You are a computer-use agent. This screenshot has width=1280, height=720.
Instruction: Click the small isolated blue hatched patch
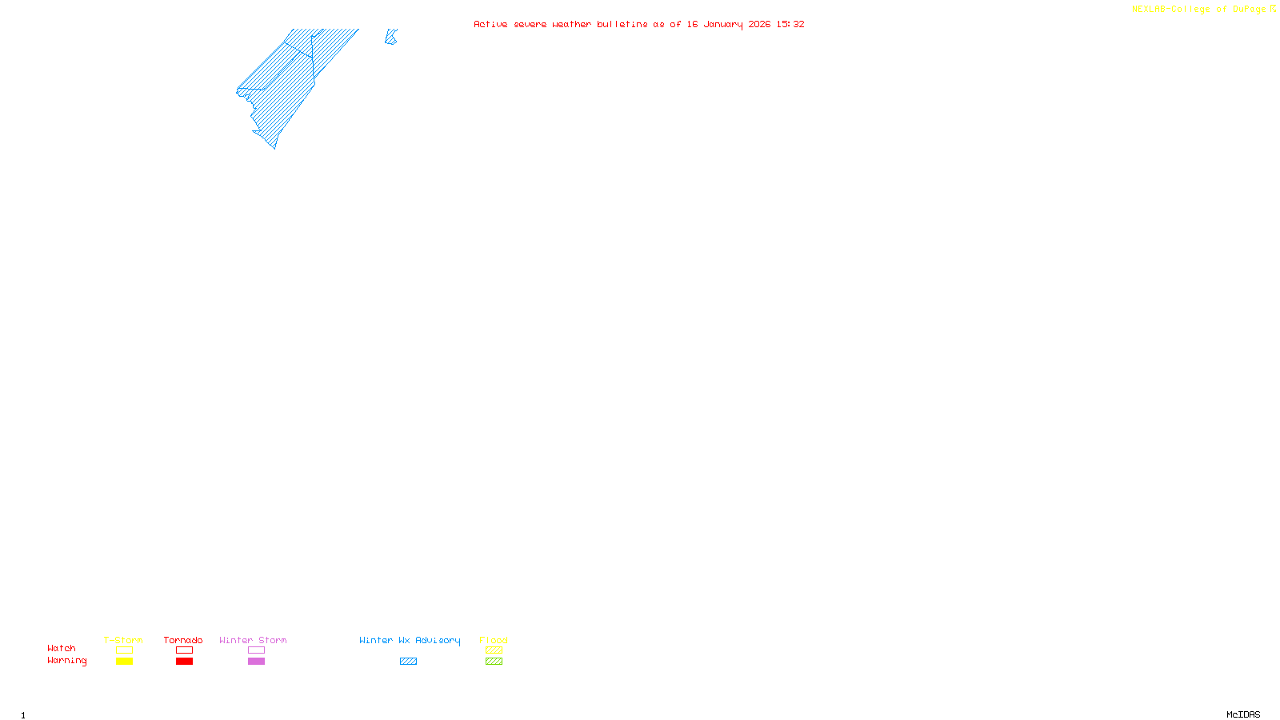[x=390, y=38]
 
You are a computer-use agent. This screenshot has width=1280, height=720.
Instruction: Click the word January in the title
[x=722, y=24]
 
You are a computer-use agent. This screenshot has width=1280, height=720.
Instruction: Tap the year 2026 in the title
[x=759, y=24]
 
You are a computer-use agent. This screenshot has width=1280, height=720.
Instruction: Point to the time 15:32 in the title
[x=790, y=24]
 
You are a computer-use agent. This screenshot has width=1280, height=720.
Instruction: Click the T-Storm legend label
[x=123, y=640]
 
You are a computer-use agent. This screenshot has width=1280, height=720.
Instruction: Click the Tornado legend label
[x=183, y=640]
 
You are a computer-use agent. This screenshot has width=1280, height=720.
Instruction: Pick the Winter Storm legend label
[x=253, y=640]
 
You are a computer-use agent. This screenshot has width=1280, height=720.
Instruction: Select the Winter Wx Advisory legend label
[x=410, y=640]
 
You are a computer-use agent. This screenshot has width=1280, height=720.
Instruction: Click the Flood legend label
[x=494, y=640]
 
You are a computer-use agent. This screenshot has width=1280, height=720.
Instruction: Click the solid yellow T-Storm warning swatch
[x=124, y=662]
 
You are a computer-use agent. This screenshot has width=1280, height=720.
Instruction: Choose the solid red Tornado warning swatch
[x=184, y=662]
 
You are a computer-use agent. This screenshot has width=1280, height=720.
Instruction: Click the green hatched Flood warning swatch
[x=494, y=662]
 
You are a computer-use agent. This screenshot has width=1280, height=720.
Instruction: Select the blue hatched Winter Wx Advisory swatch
[x=408, y=662]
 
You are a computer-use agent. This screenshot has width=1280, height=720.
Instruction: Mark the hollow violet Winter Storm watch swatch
[x=256, y=650]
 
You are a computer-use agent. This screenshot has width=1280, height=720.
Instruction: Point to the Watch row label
[x=62, y=649]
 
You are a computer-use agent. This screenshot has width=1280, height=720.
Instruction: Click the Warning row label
[x=66, y=661]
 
